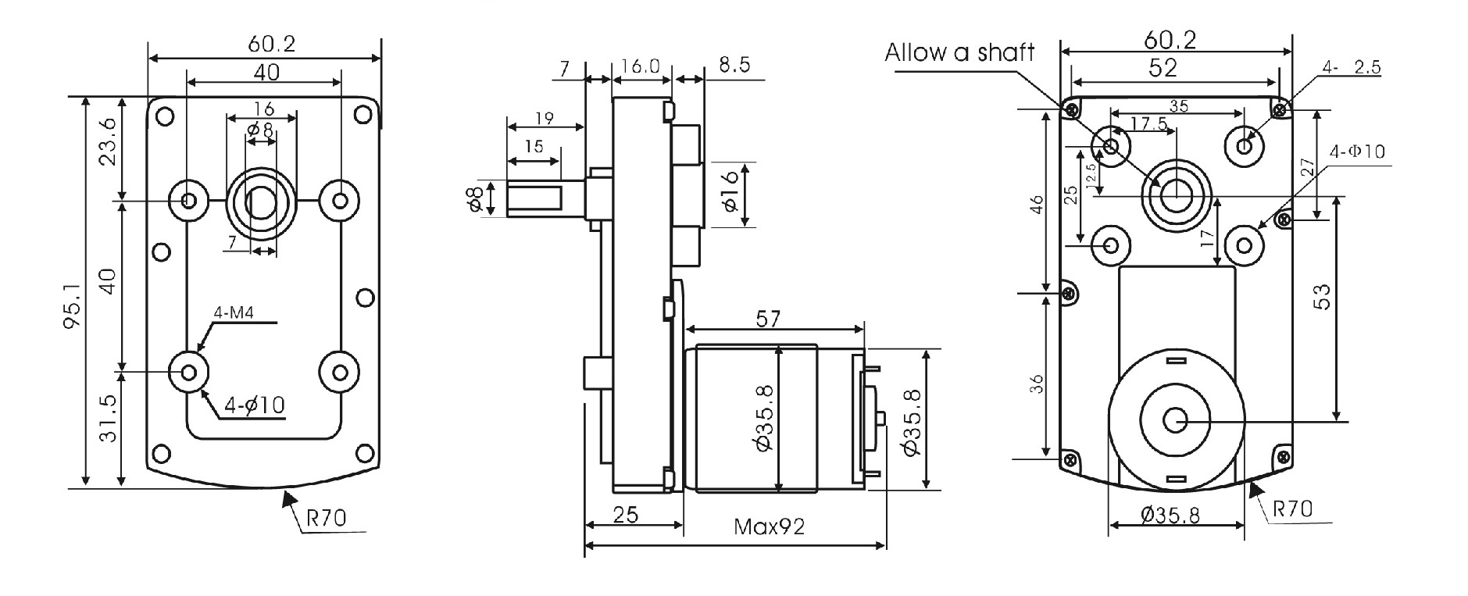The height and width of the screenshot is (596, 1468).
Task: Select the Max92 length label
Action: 769,526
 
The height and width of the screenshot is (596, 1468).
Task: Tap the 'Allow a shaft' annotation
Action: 959,52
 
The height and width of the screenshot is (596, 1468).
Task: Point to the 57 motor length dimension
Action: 768,318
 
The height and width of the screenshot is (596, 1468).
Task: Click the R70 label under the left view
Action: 327,516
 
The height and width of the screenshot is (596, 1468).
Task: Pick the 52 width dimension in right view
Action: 1163,68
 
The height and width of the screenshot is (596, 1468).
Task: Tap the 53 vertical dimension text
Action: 1320,297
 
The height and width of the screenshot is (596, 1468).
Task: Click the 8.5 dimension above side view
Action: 734,65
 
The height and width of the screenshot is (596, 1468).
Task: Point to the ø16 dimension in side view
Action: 730,191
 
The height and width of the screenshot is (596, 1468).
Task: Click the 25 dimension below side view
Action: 625,514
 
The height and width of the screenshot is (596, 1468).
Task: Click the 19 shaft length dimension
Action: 545,118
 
